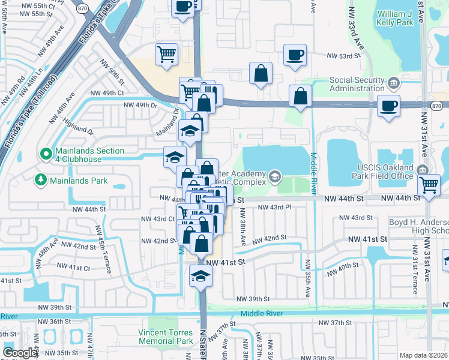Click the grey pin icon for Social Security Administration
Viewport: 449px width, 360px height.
393,82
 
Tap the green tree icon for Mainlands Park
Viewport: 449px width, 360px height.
41,179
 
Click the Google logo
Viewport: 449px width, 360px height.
20,353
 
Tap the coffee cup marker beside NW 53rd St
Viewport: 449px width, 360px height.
294,56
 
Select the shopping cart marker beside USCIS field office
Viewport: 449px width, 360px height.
430,185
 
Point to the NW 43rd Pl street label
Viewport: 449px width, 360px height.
275,207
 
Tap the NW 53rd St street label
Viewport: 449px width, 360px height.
343,56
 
